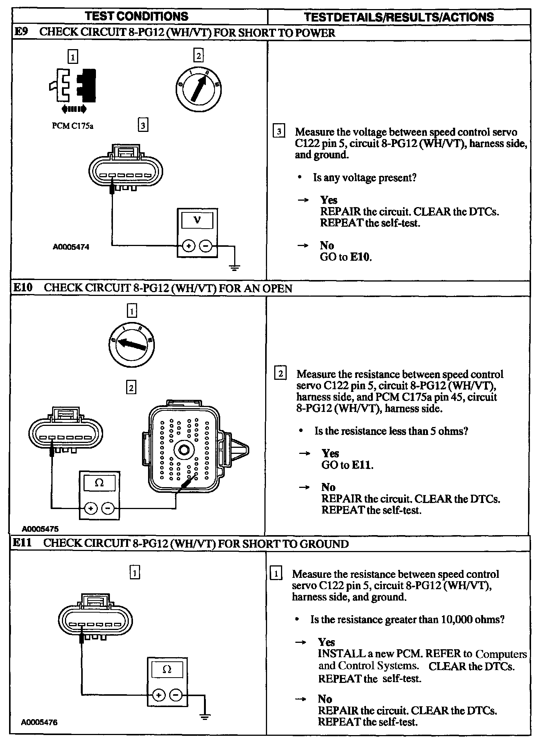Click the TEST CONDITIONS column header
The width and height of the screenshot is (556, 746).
coord(136,16)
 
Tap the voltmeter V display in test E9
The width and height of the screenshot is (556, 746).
coord(197,220)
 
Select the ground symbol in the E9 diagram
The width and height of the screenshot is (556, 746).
coord(234,268)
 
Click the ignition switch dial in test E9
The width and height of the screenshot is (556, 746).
coord(199,90)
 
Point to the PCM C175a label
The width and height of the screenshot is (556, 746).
coord(73,126)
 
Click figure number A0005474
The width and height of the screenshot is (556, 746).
coord(71,247)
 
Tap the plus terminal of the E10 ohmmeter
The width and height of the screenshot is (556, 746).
coord(90,508)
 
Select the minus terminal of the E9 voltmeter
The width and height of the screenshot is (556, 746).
coord(206,246)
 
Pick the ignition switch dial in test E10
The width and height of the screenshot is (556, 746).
coord(131,344)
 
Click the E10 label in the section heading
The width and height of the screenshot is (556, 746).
coord(23,288)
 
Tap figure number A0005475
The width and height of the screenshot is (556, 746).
coord(40,529)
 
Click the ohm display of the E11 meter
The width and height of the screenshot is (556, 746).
coord(167,669)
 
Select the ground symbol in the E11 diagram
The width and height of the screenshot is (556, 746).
coord(205,716)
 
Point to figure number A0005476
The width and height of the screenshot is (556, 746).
coord(39,722)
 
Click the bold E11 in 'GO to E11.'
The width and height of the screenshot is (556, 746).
coord(362,465)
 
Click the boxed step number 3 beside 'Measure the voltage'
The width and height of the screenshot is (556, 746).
coord(279,132)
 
